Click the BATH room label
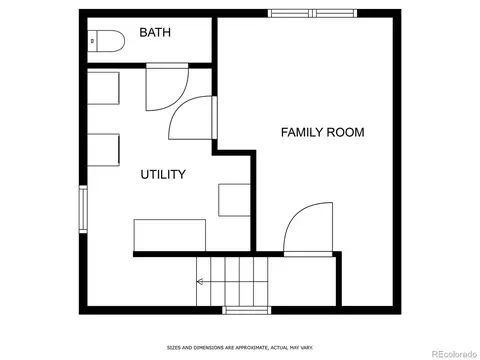coord(155,32)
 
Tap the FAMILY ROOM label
coord(322,132)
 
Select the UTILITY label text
coord(163,174)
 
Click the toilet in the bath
coord(106,41)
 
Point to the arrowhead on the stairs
coord(200,282)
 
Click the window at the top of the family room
coord(312,13)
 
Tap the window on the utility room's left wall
coord(83,209)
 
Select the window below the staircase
coord(247,310)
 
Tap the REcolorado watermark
coord(454,354)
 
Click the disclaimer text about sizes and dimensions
coord(240,348)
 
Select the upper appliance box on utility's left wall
coord(103,88)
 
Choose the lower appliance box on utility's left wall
coord(103,150)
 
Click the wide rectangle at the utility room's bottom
coord(170,235)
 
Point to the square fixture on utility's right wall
coord(234,200)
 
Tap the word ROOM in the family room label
coord(345,132)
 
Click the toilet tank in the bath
coord(92,41)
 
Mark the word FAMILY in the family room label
coord(302,132)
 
